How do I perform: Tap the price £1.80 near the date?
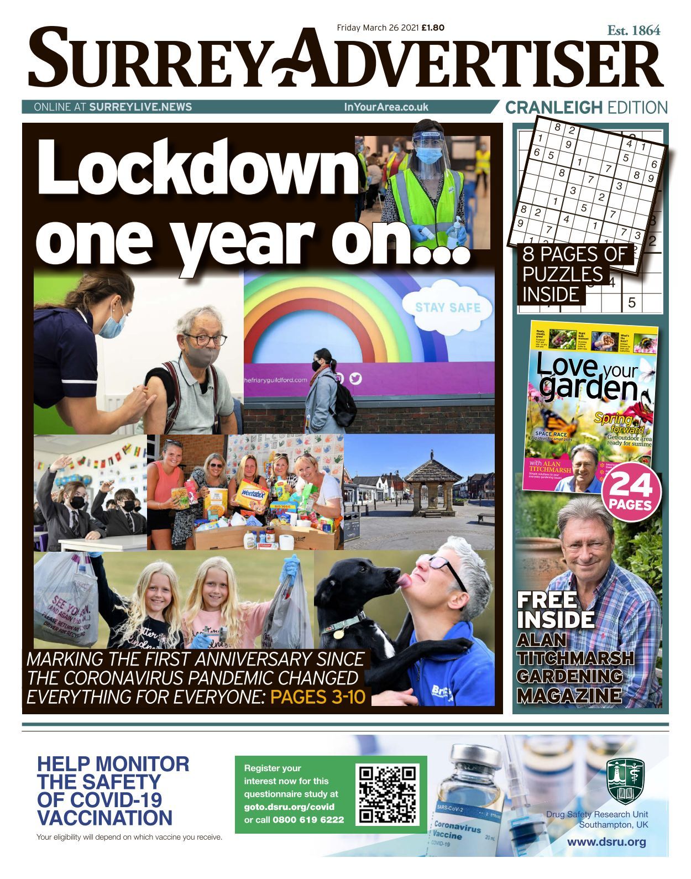click(x=433, y=27)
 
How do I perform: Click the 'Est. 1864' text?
click(x=634, y=31)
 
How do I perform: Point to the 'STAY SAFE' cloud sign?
click(x=448, y=307)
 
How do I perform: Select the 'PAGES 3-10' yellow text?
click(x=318, y=697)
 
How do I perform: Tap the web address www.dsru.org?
click(x=606, y=843)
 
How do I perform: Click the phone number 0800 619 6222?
click(x=308, y=819)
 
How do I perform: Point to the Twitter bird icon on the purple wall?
click(x=355, y=378)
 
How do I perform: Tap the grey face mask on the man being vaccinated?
click(x=197, y=357)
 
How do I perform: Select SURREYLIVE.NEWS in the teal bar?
click(x=140, y=107)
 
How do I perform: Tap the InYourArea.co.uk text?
click(x=386, y=107)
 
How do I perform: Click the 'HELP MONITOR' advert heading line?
click(x=113, y=764)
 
